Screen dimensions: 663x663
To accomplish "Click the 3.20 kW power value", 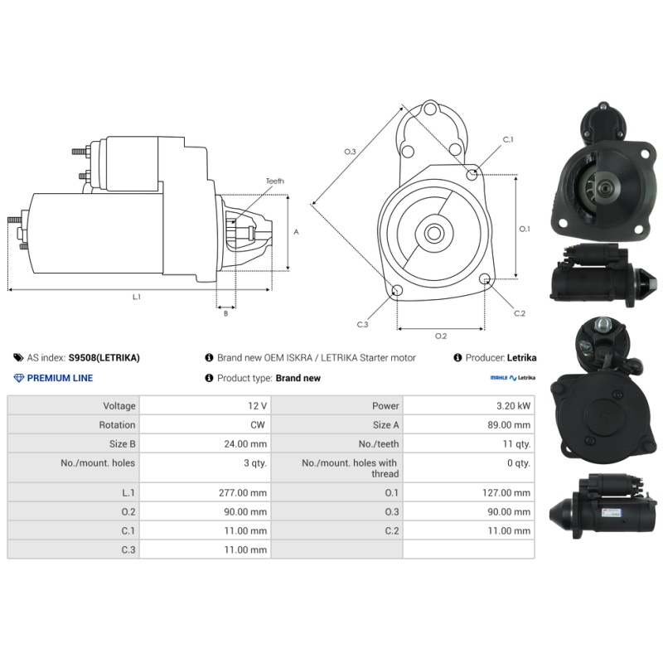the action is click(x=513, y=406).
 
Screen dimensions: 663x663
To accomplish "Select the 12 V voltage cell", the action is click(x=257, y=406).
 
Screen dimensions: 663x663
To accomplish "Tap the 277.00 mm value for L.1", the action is click(x=243, y=492).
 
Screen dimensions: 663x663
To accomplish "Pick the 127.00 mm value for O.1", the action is click(x=506, y=492).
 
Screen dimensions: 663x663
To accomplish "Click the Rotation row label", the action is click(x=117, y=425).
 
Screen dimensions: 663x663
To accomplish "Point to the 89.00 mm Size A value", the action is click(x=509, y=425).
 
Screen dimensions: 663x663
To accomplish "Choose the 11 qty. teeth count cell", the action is click(x=516, y=444).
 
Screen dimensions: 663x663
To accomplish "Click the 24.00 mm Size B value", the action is click(x=245, y=444).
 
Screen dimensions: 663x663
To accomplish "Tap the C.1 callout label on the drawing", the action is click(x=508, y=139).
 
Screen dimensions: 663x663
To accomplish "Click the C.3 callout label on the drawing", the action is click(x=362, y=324).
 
